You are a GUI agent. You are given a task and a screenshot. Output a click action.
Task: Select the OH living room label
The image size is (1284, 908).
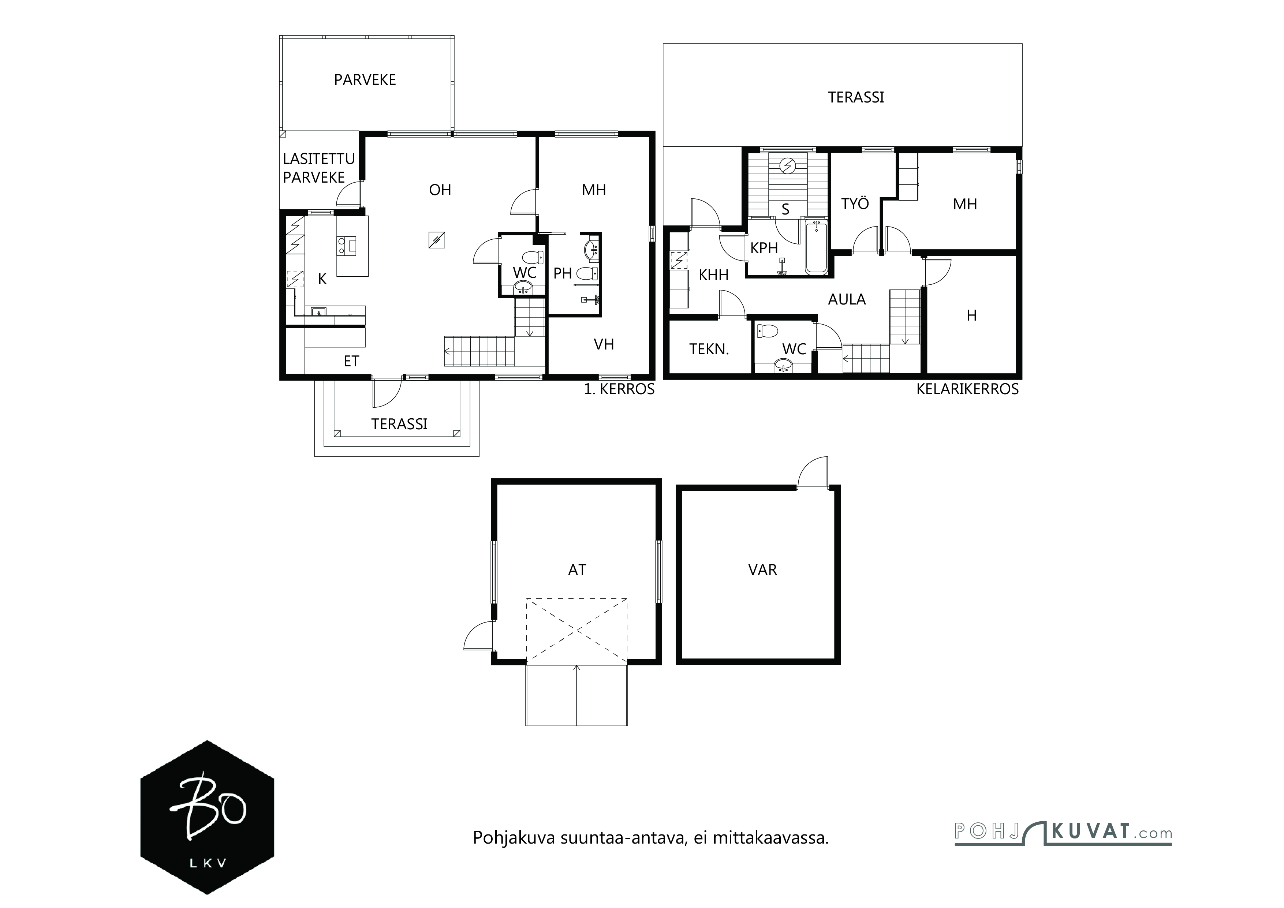click(440, 190)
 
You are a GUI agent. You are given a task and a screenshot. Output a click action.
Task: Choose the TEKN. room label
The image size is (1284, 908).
click(709, 350)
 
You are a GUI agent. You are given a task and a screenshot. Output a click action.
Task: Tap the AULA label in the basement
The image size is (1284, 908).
click(847, 300)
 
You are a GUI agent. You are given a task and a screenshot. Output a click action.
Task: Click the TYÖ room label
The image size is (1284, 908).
click(855, 203)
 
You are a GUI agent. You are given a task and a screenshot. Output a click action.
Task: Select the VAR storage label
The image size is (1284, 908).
click(762, 570)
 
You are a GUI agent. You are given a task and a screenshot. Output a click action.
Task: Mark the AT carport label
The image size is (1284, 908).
click(577, 570)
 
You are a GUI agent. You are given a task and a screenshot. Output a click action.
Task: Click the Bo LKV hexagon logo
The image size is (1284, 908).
click(207, 817)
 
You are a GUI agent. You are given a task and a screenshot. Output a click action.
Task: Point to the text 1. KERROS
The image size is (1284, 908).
click(619, 389)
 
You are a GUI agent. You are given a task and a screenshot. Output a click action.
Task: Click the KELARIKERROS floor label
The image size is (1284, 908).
click(967, 389)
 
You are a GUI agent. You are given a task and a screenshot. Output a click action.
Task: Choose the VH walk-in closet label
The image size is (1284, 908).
click(604, 344)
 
